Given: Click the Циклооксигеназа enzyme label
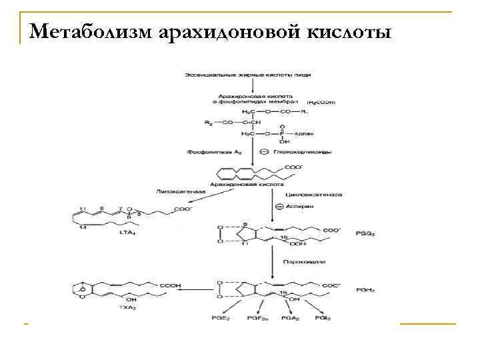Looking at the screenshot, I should click(x=314, y=195).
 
